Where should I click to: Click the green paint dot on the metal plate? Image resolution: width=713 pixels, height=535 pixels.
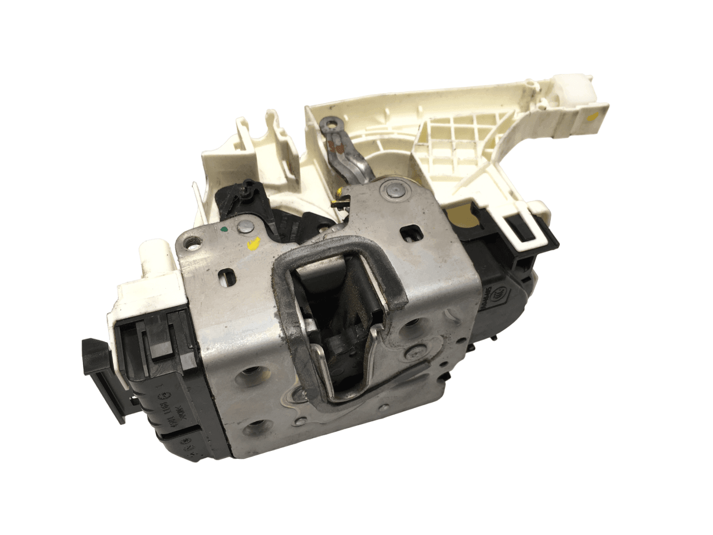coord(223,228)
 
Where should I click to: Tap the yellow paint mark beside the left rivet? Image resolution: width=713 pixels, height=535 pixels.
coord(253,243)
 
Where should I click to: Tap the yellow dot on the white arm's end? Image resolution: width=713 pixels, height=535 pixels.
coord(593,116)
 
